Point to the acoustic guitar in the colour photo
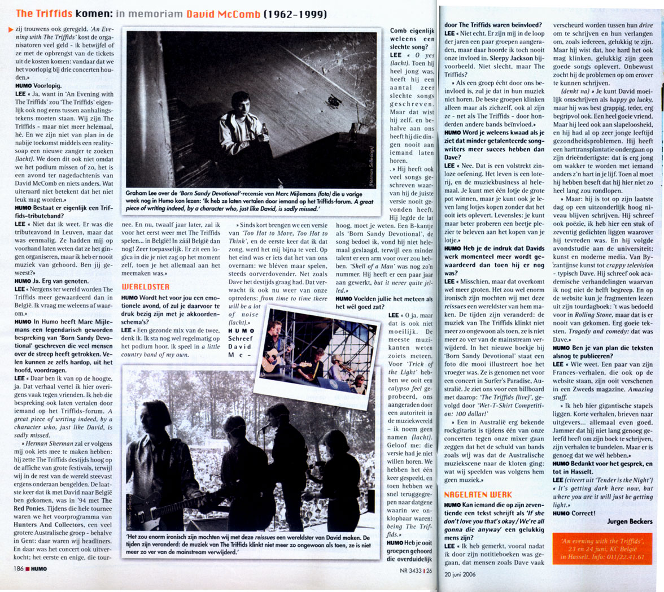(x=276, y=358)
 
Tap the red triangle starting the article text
(x=10, y=29)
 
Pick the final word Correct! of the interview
(x=583, y=513)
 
